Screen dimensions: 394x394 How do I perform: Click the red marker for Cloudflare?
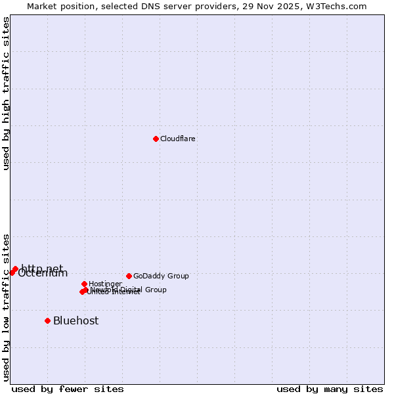tap(156, 139)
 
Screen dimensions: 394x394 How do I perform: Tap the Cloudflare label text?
tap(178, 139)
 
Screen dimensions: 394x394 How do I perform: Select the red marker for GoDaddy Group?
tap(129, 276)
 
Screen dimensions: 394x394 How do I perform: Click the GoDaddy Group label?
tap(161, 276)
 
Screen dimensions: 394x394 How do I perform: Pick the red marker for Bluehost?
tap(47, 320)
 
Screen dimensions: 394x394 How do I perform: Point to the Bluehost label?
tap(76, 320)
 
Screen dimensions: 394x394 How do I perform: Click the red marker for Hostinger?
tap(84, 284)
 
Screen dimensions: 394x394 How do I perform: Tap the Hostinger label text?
tap(105, 284)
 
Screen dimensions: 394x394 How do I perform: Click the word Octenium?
tap(43, 274)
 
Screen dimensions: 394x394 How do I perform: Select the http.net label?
tap(42, 268)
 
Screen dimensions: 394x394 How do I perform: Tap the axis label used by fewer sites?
tap(68, 389)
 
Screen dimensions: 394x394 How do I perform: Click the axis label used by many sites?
tap(330, 389)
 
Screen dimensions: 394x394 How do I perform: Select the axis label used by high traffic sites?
tap(6, 93)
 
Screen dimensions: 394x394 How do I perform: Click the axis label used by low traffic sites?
tap(6, 307)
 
